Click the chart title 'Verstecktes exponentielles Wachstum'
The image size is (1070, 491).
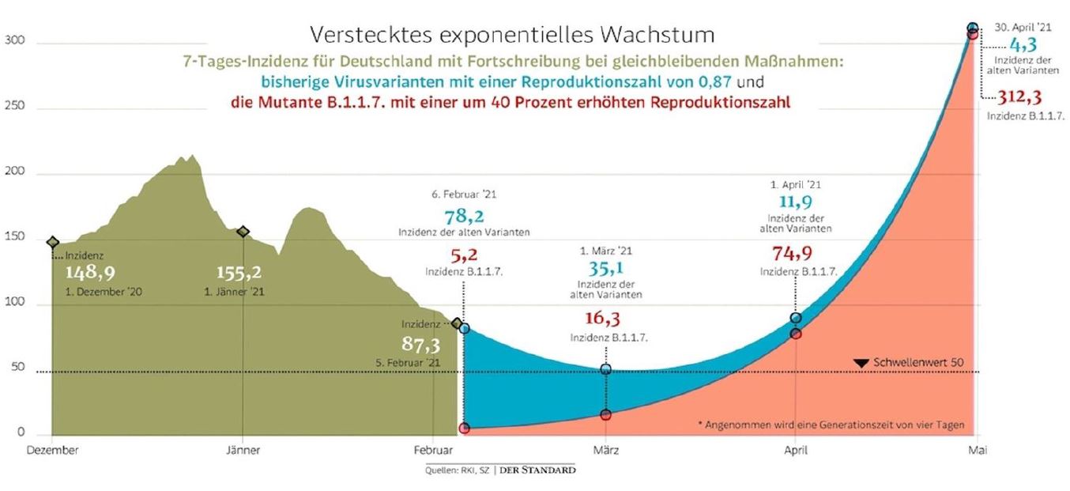[512, 35]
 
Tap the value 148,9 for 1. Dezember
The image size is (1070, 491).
[90, 273]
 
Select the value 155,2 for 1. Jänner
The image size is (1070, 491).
[239, 273]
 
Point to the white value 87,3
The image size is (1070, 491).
[421, 344]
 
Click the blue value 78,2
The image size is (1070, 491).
[465, 217]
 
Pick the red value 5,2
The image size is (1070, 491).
[464, 255]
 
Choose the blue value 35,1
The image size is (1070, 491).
[605, 269]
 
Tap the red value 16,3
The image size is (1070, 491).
[603, 318]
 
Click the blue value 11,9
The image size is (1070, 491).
[795, 202]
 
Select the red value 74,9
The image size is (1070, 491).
[792, 253]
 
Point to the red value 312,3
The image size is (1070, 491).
[1019, 97]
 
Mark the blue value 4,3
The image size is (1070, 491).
[1023, 45]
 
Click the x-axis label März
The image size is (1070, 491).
[605, 450]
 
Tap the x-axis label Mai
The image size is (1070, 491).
[978, 450]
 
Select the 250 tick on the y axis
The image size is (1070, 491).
[14, 105]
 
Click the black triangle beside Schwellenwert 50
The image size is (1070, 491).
[861, 364]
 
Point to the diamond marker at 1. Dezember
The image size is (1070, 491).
[52, 243]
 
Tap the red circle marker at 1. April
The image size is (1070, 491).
[795, 334]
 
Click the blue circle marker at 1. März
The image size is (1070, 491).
[605, 369]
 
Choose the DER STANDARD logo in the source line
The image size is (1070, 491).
[537, 470]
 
